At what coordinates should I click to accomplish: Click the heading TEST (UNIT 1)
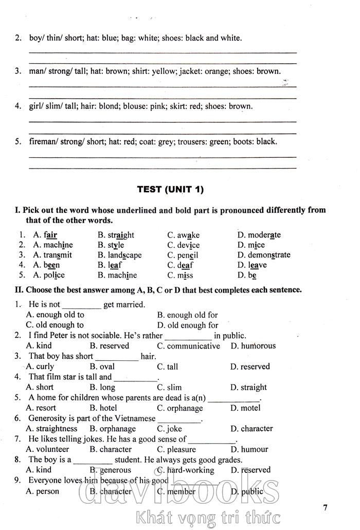(x=170, y=189)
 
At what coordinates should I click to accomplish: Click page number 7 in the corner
(x=325, y=508)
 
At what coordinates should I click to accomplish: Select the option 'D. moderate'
(x=259, y=235)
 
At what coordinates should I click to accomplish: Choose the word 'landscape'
(x=124, y=255)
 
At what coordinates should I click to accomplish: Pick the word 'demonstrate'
(x=269, y=255)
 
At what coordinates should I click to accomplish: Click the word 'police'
(x=53, y=275)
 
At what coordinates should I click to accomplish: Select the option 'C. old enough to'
(x=55, y=325)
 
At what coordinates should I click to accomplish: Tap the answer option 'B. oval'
(x=102, y=367)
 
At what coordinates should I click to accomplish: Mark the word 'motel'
(x=250, y=408)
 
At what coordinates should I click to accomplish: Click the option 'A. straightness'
(x=51, y=428)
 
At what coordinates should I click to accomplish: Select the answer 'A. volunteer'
(x=47, y=449)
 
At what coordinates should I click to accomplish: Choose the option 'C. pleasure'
(x=178, y=449)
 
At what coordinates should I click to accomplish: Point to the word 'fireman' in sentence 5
(x=44, y=141)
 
